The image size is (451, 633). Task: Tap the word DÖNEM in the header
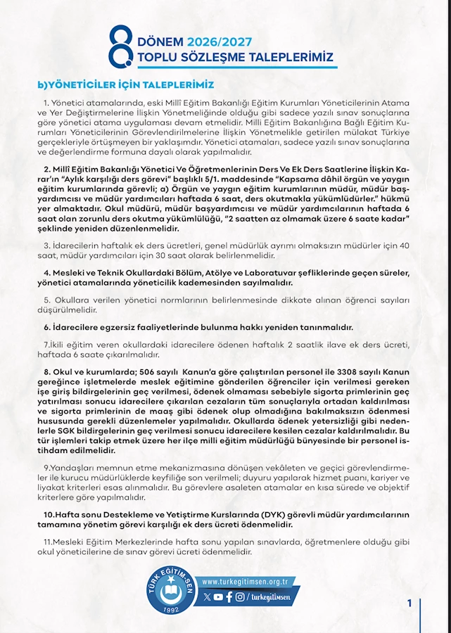164,43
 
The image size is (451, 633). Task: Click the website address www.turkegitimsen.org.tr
246,582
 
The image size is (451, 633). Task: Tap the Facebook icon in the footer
229,597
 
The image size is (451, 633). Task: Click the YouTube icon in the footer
218,597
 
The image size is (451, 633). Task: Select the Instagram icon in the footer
240,597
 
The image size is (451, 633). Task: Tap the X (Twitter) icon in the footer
207,597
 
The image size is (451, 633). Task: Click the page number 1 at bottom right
409,603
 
